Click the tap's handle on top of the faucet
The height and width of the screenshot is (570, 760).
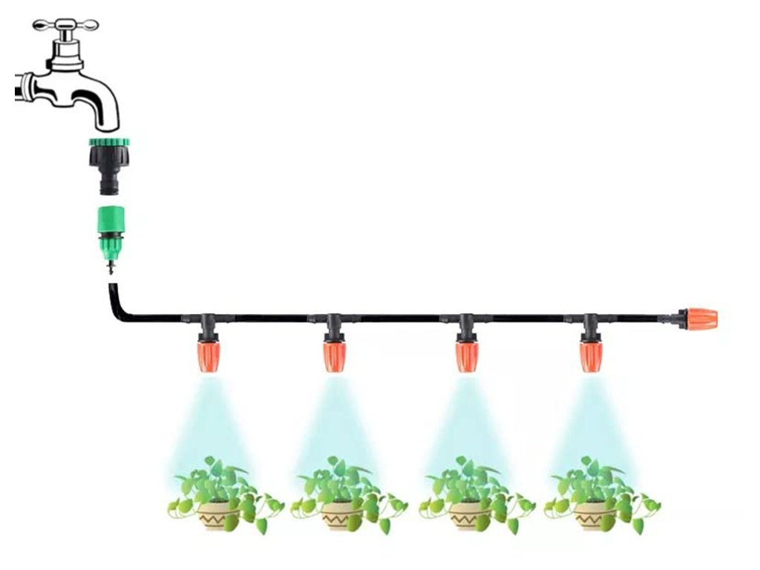pyautogui.click(x=66, y=24)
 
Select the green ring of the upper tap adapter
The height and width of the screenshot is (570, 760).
pyautogui.click(x=108, y=142)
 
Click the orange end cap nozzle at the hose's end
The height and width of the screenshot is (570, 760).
pyautogui.click(x=700, y=319)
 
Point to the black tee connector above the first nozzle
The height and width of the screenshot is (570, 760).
pyautogui.click(x=207, y=323)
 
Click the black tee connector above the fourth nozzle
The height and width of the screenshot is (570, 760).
pyautogui.click(x=589, y=323)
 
